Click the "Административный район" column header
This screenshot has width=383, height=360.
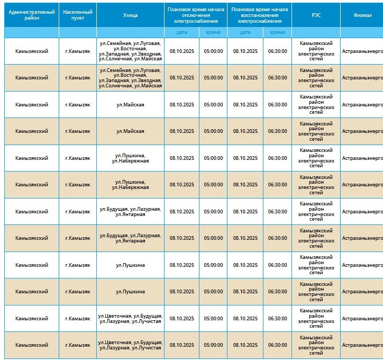click(x=32, y=15)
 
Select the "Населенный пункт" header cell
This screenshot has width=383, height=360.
click(x=78, y=15)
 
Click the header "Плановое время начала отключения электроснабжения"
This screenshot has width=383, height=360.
click(x=196, y=15)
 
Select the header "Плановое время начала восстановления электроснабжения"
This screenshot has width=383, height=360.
click(x=260, y=15)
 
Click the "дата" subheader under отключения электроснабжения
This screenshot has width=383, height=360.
click(x=182, y=32)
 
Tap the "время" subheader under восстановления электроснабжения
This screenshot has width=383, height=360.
click(x=277, y=32)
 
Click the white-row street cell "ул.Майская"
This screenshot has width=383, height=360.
click(x=130, y=105)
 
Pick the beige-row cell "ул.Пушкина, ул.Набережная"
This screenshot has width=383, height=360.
click(x=130, y=185)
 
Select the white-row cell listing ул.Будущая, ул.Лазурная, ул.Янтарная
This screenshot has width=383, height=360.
click(x=130, y=212)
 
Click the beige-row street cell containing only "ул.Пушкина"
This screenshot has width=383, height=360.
click(x=130, y=292)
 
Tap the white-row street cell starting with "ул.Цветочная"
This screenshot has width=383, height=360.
click(x=130, y=319)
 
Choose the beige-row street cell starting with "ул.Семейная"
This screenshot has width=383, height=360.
click(x=130, y=78)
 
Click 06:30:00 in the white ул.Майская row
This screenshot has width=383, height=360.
click(x=277, y=105)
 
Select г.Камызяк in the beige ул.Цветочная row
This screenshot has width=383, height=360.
click(x=78, y=345)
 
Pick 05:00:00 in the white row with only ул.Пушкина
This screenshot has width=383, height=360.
click(x=213, y=265)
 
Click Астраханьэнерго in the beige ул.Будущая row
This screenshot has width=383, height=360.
click(x=362, y=238)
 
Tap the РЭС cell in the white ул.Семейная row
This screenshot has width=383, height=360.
click(x=316, y=51)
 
